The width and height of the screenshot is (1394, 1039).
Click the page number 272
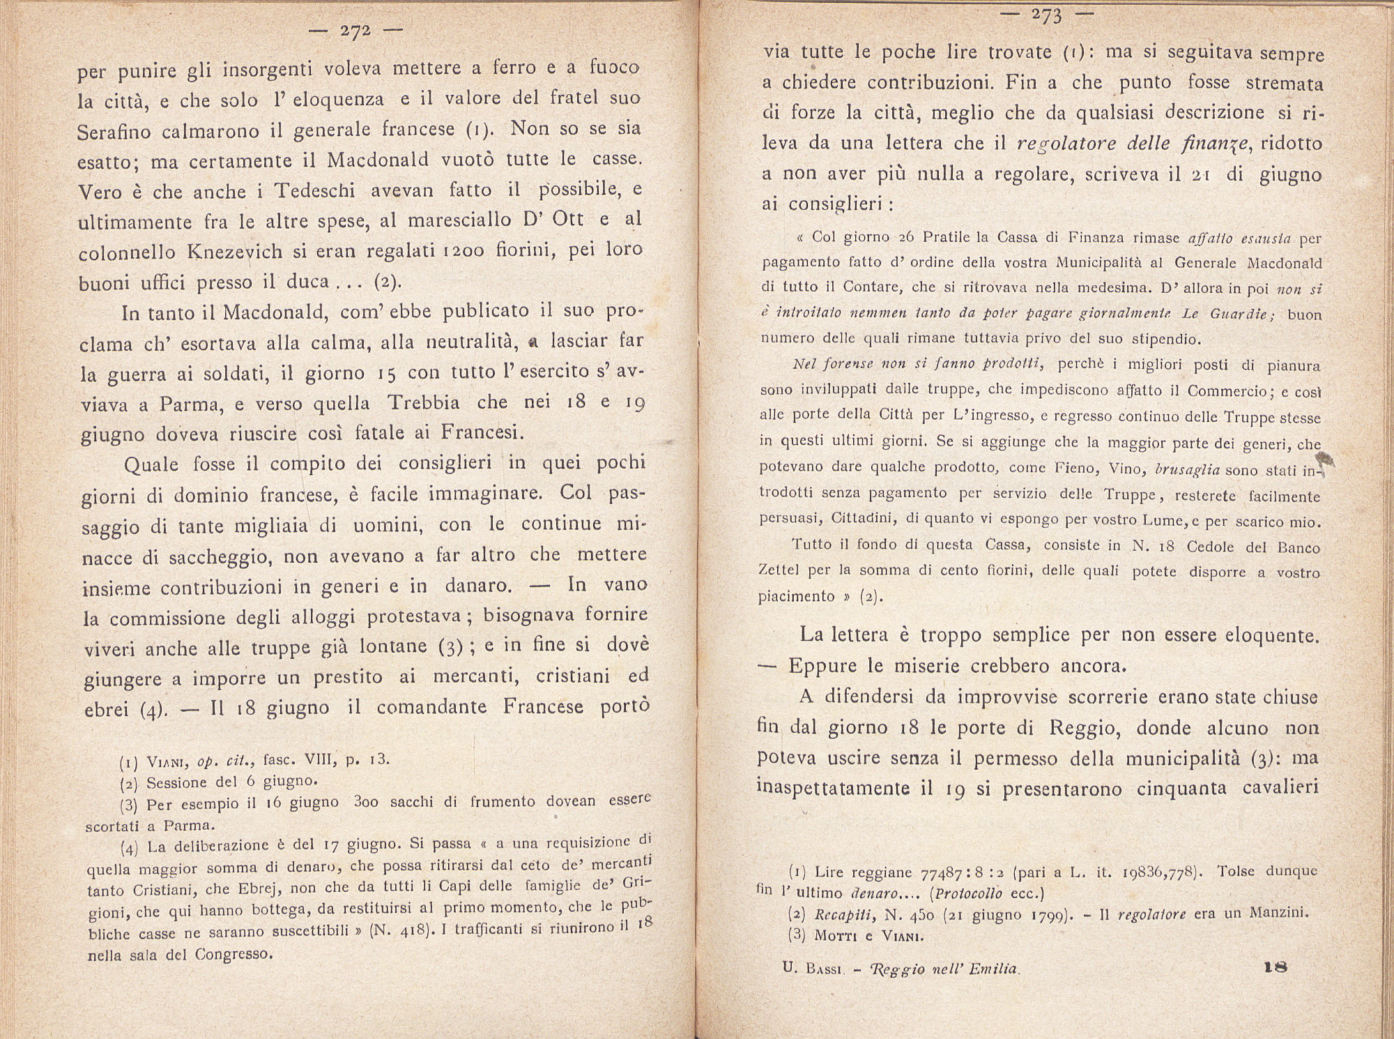355,31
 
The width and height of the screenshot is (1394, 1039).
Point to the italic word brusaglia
1187,469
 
